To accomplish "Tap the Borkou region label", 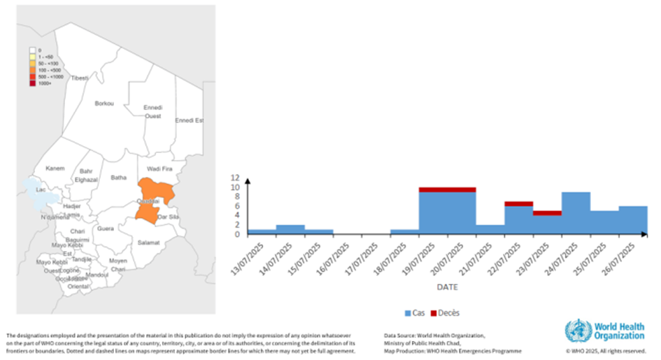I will tap(104, 103).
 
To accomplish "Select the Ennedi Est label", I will tap(189, 120).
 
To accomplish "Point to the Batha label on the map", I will tap(119, 178).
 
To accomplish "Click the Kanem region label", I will tap(55, 168).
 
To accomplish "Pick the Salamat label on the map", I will tap(148, 243).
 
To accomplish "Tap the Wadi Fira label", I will tap(159, 169).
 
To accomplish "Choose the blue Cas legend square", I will tap(408, 313).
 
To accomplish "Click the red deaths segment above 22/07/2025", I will tap(519, 203).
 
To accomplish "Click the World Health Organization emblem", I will tap(578, 331).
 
